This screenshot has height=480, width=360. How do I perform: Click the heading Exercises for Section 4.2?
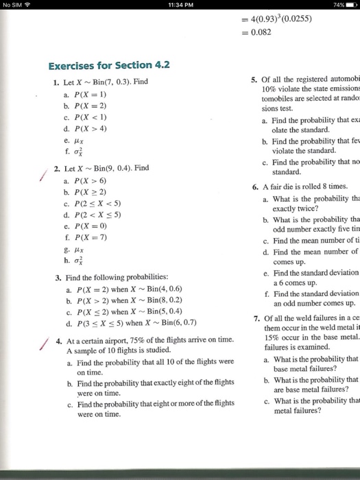point(109,66)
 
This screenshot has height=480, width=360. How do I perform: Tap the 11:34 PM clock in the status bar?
point(180,7)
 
